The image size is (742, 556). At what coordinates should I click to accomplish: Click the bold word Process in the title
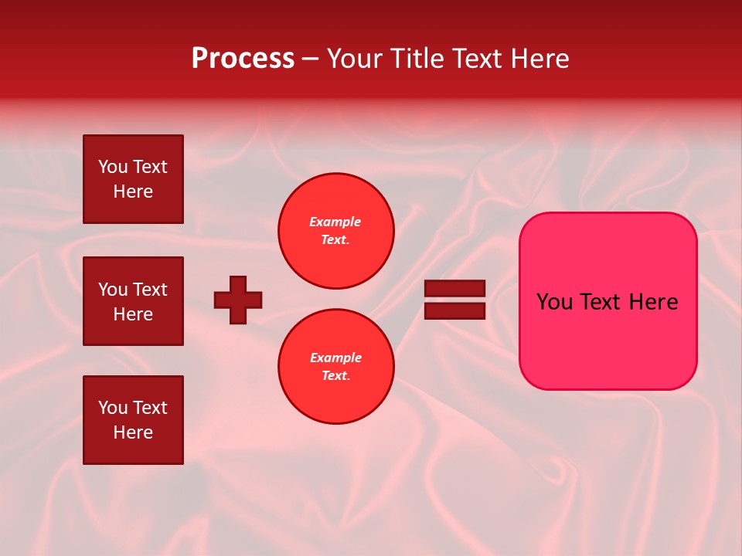pyautogui.click(x=243, y=59)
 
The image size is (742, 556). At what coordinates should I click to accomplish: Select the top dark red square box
pyautogui.click(x=133, y=179)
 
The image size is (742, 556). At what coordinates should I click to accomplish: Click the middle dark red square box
pyautogui.click(x=133, y=301)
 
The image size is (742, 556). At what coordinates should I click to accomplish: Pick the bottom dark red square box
pyautogui.click(x=133, y=420)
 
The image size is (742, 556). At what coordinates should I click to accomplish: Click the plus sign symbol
pyautogui.click(x=238, y=300)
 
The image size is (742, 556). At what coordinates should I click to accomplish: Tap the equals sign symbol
pyautogui.click(x=454, y=300)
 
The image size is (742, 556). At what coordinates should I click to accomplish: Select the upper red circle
pyautogui.click(x=336, y=231)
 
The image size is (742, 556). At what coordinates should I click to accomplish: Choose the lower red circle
pyautogui.click(x=336, y=367)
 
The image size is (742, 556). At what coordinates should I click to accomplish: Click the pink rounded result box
pyautogui.click(x=608, y=301)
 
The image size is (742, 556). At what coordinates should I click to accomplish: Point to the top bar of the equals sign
pyautogui.click(x=454, y=289)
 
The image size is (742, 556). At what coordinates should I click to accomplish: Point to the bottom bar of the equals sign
pyautogui.click(x=454, y=310)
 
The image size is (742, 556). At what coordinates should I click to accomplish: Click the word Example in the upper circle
pyautogui.click(x=335, y=222)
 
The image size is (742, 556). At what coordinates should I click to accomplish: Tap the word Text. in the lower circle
pyautogui.click(x=335, y=376)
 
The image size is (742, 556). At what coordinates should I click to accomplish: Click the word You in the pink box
pyautogui.click(x=554, y=302)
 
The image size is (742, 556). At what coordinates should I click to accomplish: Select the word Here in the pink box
pyautogui.click(x=653, y=302)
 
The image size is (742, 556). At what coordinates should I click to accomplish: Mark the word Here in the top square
pyautogui.click(x=133, y=192)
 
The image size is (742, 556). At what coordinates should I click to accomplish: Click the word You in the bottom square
pyautogui.click(x=113, y=408)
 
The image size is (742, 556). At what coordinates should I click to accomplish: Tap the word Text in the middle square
pyautogui.click(x=150, y=290)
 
